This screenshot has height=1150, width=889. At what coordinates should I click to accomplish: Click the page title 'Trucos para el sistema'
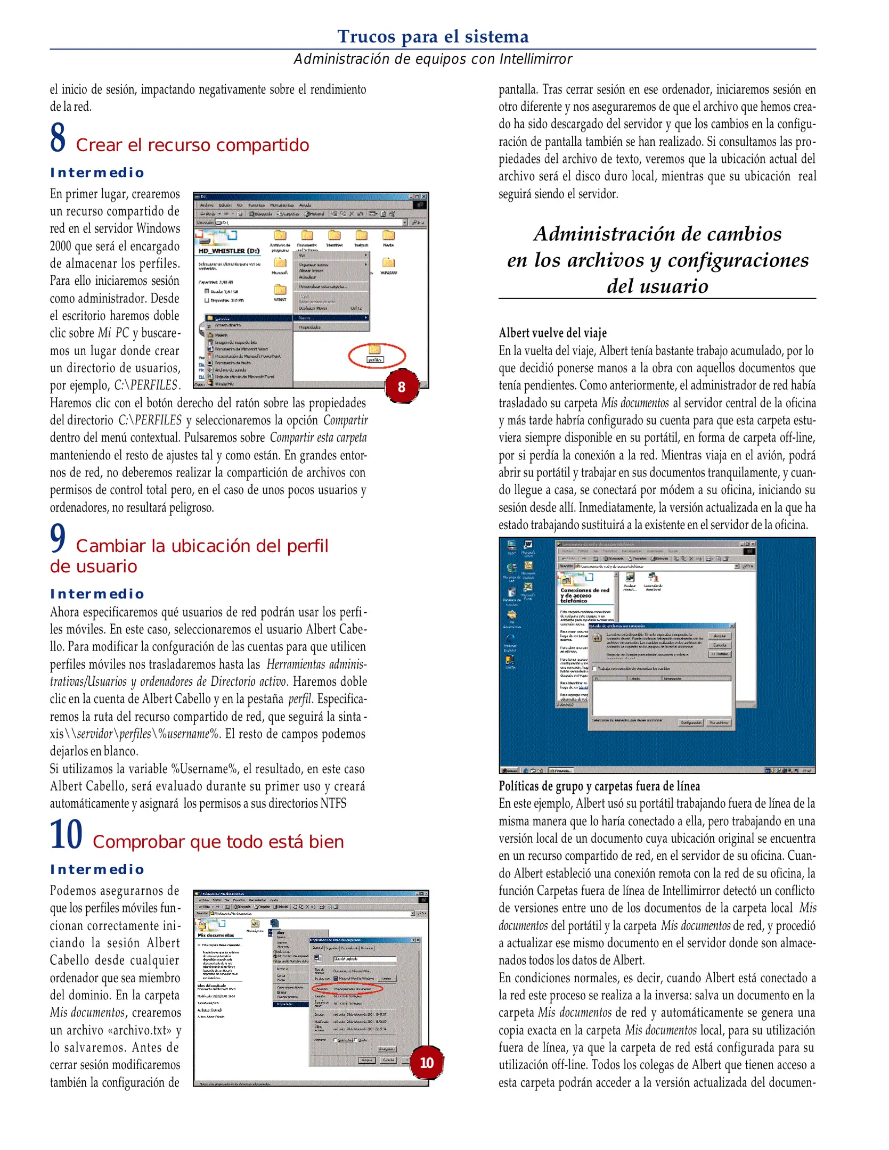click(x=433, y=36)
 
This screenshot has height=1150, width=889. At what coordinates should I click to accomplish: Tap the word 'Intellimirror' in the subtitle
click(x=535, y=59)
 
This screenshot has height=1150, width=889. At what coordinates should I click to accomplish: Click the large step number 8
click(x=58, y=137)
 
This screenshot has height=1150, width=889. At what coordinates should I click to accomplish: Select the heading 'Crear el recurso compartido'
click(x=192, y=145)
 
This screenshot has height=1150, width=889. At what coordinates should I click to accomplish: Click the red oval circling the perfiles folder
click(x=377, y=355)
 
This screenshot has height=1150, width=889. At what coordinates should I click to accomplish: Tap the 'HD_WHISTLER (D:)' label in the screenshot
click(x=229, y=251)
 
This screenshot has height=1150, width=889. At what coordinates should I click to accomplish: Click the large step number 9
click(x=58, y=538)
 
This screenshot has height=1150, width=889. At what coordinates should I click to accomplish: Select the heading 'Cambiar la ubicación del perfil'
click(x=202, y=546)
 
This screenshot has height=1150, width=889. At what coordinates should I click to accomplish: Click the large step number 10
click(x=66, y=834)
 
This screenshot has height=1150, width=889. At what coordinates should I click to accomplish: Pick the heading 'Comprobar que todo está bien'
click(x=218, y=842)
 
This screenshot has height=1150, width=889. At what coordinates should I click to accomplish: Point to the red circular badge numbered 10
click(x=427, y=1063)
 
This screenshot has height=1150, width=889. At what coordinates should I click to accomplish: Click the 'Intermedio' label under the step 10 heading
click(x=97, y=869)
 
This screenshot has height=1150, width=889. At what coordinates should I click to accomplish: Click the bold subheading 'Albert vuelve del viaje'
click(x=552, y=333)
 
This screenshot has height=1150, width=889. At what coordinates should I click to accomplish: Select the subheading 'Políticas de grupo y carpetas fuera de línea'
click(x=599, y=786)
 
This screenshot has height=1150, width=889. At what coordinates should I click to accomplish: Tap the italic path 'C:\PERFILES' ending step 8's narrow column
click(x=145, y=385)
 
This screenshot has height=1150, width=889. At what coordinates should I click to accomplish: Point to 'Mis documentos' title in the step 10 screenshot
click(x=216, y=935)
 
